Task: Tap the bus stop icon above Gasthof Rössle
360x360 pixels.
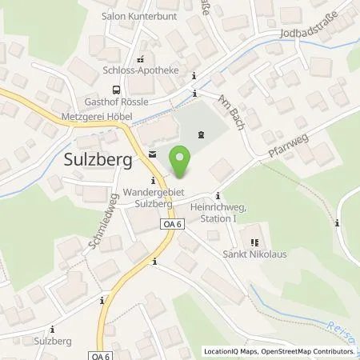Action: coord(117,90)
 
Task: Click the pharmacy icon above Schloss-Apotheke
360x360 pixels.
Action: coord(142,58)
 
